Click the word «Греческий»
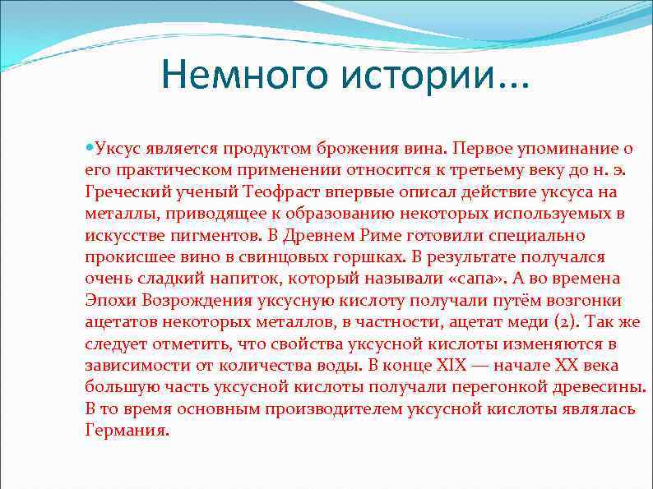click(120, 191)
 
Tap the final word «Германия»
click(127, 430)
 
